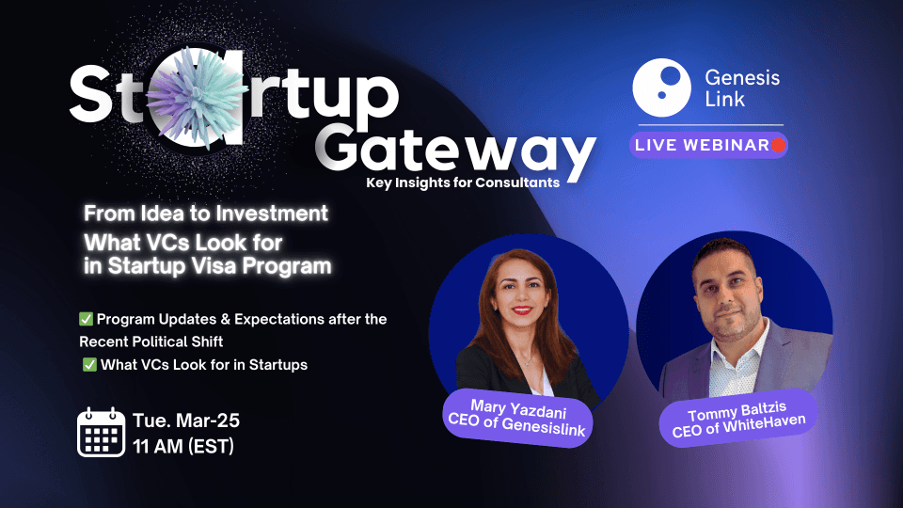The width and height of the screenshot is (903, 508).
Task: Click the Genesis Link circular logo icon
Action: coord(662,86)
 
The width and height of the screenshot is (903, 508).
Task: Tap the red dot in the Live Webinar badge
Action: coord(778,146)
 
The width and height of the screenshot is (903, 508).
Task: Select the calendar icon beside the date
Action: coord(101,433)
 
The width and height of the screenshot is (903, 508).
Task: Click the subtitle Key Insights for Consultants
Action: coord(463,183)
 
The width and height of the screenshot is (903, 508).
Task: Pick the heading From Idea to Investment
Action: coord(205,213)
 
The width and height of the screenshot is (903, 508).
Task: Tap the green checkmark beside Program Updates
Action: coord(86,320)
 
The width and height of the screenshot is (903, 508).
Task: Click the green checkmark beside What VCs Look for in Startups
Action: coord(89,365)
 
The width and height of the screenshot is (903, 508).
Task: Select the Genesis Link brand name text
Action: coord(742,87)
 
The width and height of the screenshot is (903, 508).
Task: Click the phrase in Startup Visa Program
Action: coord(207,266)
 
